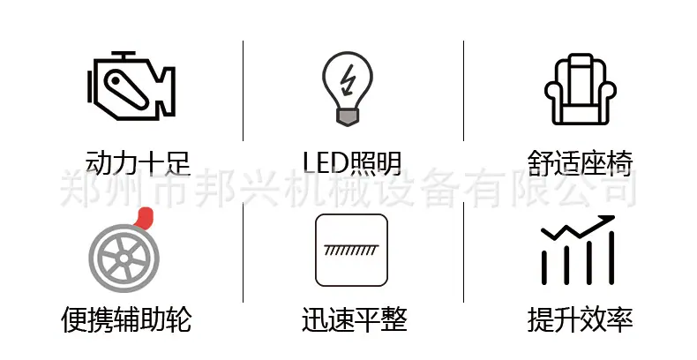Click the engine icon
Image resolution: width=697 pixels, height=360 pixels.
pos(131,86)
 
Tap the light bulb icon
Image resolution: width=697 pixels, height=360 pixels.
pos(347,89)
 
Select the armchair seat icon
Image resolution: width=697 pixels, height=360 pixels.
pos(580,89)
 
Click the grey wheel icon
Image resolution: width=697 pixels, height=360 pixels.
pos(124,258)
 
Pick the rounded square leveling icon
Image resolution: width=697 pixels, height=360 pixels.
pos(351,251)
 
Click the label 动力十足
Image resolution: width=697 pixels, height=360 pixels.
pos(138,163)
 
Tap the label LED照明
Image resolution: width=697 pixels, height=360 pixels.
pos(352,163)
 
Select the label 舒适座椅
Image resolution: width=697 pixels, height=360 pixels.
pos(580,163)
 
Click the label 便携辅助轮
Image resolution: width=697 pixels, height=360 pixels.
pos(126,319)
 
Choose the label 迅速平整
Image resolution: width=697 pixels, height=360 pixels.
pos(355,319)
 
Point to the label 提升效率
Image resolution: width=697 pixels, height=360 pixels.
pos(580,319)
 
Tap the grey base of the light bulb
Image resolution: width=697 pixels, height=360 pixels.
pos(347,117)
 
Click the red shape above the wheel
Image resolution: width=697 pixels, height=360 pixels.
pos(144,218)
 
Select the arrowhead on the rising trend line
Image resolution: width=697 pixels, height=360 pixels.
pos(606,220)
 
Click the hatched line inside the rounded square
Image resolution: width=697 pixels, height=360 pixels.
pos(351,250)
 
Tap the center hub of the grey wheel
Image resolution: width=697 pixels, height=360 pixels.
pos(124,259)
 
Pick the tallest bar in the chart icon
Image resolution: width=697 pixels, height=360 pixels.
pos(611,258)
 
